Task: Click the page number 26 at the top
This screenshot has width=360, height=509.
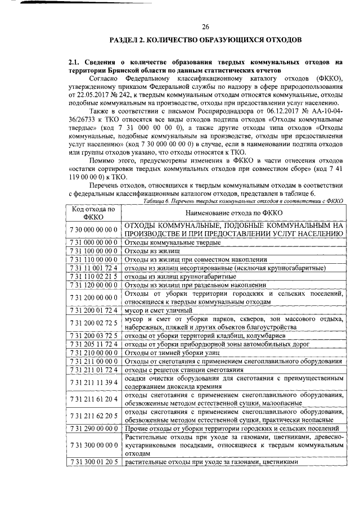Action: click(206, 26)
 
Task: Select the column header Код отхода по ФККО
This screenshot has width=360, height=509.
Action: click(93, 213)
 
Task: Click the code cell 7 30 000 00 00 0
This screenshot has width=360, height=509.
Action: click(93, 229)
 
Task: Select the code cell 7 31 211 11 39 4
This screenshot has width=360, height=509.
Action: click(93, 382)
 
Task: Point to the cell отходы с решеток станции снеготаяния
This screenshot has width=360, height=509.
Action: click(183, 370)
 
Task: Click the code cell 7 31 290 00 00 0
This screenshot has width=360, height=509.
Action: click(93, 429)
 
